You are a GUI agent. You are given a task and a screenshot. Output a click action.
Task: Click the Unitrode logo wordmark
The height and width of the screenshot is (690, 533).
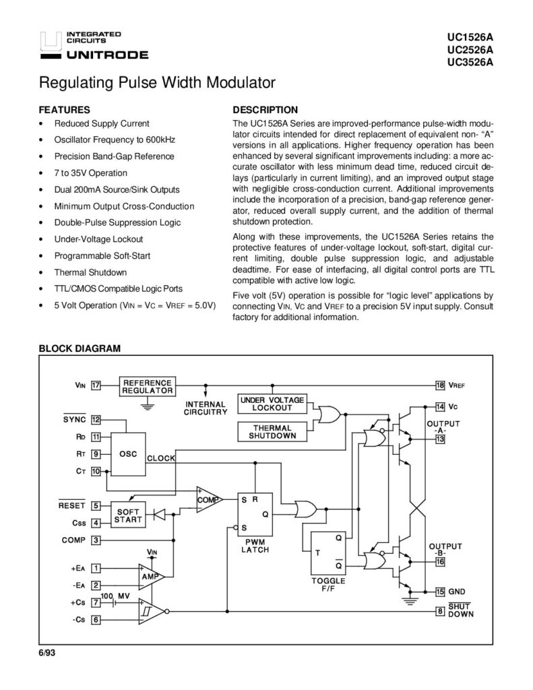pos(107,55)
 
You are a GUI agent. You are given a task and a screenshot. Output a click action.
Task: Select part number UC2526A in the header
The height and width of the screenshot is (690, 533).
pos(470,49)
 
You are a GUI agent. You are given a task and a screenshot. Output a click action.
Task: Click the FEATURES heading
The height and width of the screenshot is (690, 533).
pos(64,110)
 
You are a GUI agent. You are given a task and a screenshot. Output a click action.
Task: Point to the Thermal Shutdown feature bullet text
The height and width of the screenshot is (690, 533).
pos(90,272)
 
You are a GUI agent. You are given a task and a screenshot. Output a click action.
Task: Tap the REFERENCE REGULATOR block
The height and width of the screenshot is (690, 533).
pos(148,386)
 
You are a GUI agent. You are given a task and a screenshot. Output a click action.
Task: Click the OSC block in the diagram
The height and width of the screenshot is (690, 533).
pos(128,454)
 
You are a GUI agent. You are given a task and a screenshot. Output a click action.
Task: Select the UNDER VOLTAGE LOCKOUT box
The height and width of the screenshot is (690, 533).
pos(272,404)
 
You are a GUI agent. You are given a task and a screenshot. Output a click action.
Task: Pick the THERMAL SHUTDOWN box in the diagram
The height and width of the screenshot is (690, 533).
pos(272,432)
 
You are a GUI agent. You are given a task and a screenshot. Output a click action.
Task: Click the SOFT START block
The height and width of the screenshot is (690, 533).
pos(128,515)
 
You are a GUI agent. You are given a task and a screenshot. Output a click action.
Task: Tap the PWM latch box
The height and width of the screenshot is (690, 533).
pos(255,514)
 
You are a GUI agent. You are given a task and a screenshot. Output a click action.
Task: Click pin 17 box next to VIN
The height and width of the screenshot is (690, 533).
pos(96,385)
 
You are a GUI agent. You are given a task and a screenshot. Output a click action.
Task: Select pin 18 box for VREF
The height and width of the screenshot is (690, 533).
pos(440,385)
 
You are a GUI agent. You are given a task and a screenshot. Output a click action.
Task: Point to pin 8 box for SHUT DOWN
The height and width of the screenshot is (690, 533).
pos(440,610)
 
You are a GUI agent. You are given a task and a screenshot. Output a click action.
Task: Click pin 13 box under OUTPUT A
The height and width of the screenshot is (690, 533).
pos(440,439)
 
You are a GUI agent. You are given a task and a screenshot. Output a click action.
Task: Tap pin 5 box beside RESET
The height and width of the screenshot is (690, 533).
pos(96,505)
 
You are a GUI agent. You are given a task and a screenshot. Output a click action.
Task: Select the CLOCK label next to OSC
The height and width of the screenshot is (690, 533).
pos(161,458)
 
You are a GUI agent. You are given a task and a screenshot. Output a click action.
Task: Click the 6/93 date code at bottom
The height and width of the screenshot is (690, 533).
pos(47,653)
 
